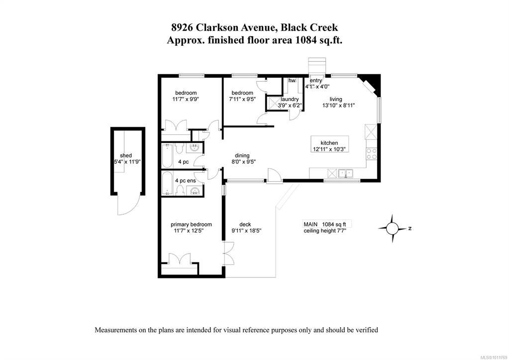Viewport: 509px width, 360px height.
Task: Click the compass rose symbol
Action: point(392,229)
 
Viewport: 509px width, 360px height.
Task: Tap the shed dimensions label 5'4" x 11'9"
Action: point(127,162)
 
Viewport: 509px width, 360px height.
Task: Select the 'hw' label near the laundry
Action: point(292,81)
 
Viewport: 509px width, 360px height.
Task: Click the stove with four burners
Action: point(371,154)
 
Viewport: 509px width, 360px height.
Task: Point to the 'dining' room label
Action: point(242,155)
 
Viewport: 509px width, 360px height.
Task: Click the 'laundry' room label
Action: point(290,99)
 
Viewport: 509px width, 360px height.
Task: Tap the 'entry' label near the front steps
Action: point(316,80)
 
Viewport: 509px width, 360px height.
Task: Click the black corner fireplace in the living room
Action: point(373,83)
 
